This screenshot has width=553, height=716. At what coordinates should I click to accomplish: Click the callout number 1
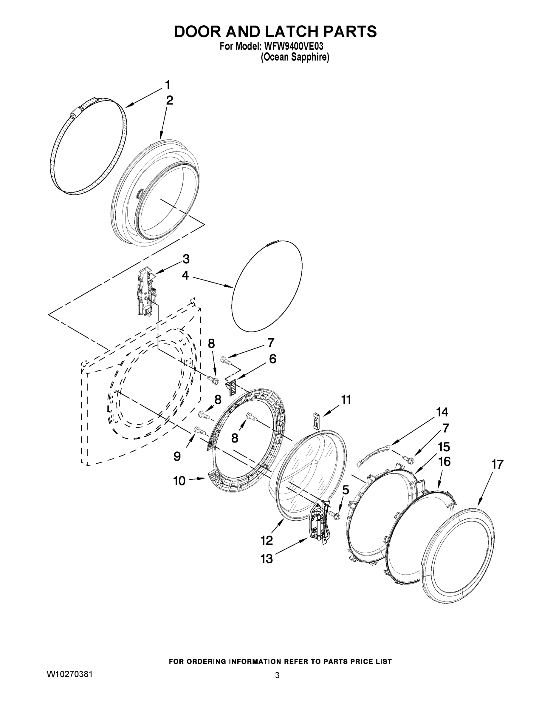click(x=168, y=85)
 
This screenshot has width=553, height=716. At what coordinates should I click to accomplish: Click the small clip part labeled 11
click(x=317, y=421)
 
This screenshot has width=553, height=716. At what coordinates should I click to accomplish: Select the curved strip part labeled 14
click(x=374, y=454)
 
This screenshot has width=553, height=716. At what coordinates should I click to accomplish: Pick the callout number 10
click(x=179, y=481)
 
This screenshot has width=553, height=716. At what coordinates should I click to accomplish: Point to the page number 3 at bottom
click(x=277, y=676)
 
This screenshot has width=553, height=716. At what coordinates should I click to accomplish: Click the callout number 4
click(x=185, y=275)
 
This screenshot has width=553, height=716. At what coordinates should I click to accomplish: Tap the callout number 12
click(x=267, y=540)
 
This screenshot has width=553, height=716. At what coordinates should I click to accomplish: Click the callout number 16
click(x=444, y=462)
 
